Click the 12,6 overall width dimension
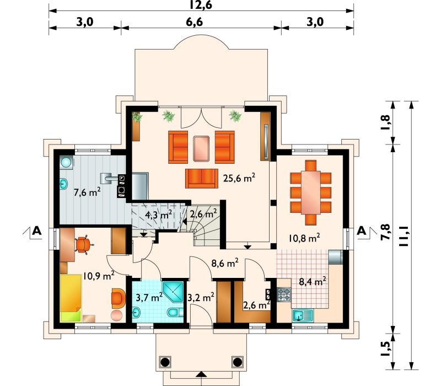tap(201, 5)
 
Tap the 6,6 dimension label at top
tap(194, 22)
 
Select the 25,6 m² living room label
tap(239, 178)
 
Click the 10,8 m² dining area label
tap(304, 238)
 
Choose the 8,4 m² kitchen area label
tap(313, 281)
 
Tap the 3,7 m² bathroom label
tap(149, 297)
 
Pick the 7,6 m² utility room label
tap(87, 192)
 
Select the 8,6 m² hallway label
tap(225, 263)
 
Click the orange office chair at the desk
tap(83, 244)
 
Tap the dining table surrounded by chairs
tap(310, 192)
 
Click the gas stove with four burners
tap(284, 294)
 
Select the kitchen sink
tap(303, 315)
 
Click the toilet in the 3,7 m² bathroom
tap(175, 312)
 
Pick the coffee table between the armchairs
tap(201, 148)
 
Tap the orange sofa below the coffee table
tap(202, 178)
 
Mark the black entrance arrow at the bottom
tap(201, 374)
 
